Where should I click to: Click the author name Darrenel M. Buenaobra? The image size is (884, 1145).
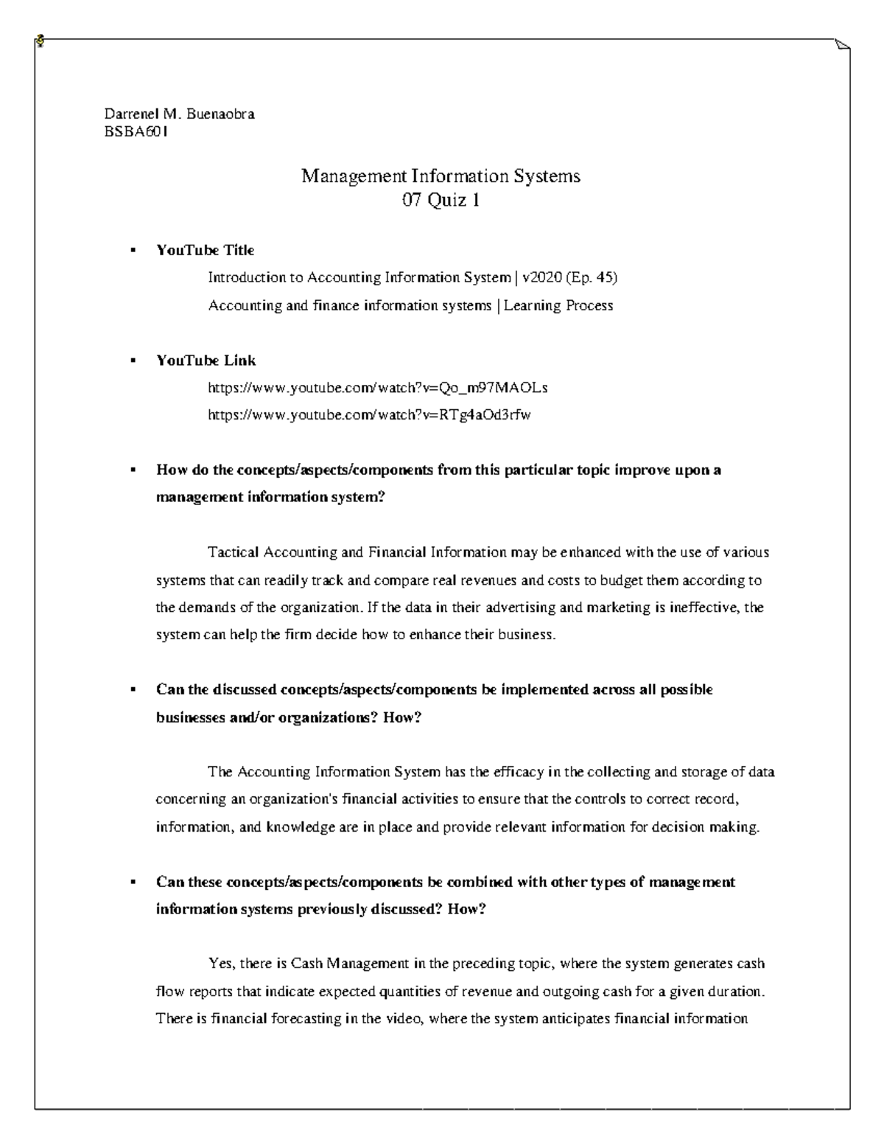(179, 114)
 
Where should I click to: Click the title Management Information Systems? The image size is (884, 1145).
(441, 176)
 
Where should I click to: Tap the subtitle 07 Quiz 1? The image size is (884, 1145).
(441, 200)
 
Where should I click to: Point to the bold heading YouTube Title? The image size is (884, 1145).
(205, 251)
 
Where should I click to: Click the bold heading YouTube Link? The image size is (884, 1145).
(206, 361)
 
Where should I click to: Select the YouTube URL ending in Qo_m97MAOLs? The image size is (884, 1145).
(378, 388)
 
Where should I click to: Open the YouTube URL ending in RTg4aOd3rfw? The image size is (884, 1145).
(369, 415)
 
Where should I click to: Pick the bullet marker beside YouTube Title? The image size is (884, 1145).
(133, 251)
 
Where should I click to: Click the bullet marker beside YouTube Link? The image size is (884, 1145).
(133, 361)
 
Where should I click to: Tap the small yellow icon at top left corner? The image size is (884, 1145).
(39, 41)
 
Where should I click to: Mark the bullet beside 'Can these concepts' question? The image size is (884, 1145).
(133, 883)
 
